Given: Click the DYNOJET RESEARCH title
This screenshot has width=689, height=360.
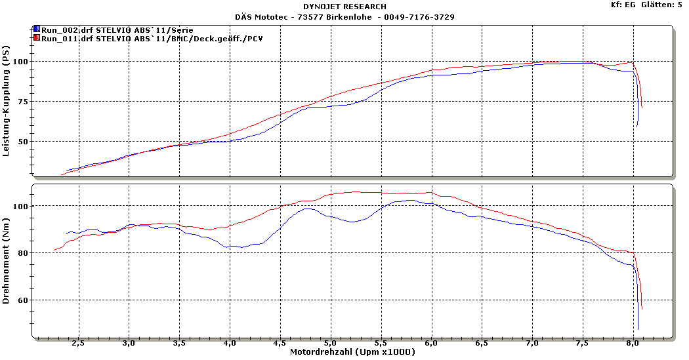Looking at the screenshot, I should [x=344, y=7].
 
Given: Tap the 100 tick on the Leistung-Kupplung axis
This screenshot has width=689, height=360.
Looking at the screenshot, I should [x=23, y=62].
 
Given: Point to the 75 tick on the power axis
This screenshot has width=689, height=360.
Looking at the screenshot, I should [x=25, y=102].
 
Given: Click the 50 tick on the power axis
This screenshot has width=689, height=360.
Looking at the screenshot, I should [x=25, y=142].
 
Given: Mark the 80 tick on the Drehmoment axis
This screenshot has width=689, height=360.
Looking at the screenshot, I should [x=25, y=253].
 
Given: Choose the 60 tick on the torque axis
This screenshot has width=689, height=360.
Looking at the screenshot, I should [x=25, y=300].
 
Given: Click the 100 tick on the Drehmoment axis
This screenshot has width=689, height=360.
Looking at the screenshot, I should [x=23, y=207].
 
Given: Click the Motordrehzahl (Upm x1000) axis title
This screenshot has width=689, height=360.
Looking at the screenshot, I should [x=353, y=353].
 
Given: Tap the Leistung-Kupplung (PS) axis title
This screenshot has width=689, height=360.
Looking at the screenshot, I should [x=7, y=104].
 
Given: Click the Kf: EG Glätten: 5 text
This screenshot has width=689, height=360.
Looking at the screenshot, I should [x=646, y=5].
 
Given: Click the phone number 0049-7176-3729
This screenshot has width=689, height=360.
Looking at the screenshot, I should [x=420, y=16].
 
